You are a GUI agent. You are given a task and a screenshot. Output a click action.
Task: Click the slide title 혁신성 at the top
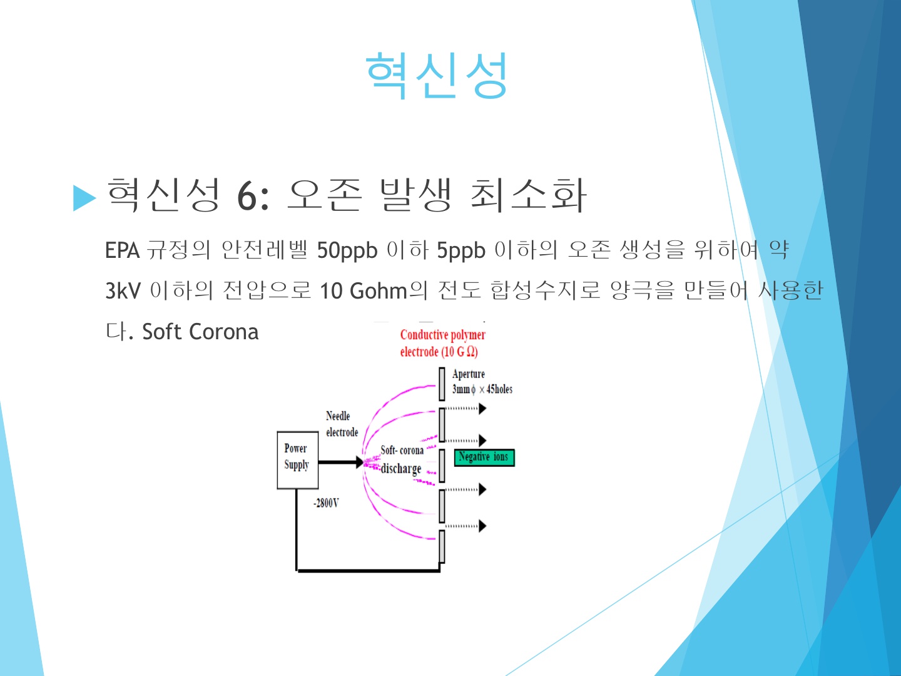[437, 76]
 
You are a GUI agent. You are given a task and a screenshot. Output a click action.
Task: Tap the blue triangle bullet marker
[84, 198]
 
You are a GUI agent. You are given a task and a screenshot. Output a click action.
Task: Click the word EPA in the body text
[122, 250]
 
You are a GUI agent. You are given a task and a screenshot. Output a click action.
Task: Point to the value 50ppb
[347, 251]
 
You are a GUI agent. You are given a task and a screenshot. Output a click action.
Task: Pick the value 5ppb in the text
[461, 251]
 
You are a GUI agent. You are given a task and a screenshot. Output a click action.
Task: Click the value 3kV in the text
[123, 290]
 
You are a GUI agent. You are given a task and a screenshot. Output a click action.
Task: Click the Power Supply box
[298, 460]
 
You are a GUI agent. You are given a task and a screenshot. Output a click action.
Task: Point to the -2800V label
[327, 503]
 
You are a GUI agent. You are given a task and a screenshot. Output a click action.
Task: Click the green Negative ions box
[484, 458]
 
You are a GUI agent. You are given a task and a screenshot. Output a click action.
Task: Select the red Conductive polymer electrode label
[442, 343]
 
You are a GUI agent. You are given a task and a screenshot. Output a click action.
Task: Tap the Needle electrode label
[342, 424]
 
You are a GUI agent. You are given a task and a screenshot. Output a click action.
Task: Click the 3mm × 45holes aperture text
[482, 389]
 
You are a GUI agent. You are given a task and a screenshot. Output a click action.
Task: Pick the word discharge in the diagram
[401, 469]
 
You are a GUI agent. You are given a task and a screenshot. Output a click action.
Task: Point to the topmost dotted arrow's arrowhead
[482, 408]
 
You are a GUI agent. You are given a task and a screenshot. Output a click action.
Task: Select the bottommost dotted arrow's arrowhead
[482, 526]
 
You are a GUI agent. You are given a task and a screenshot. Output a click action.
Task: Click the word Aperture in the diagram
[469, 374]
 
